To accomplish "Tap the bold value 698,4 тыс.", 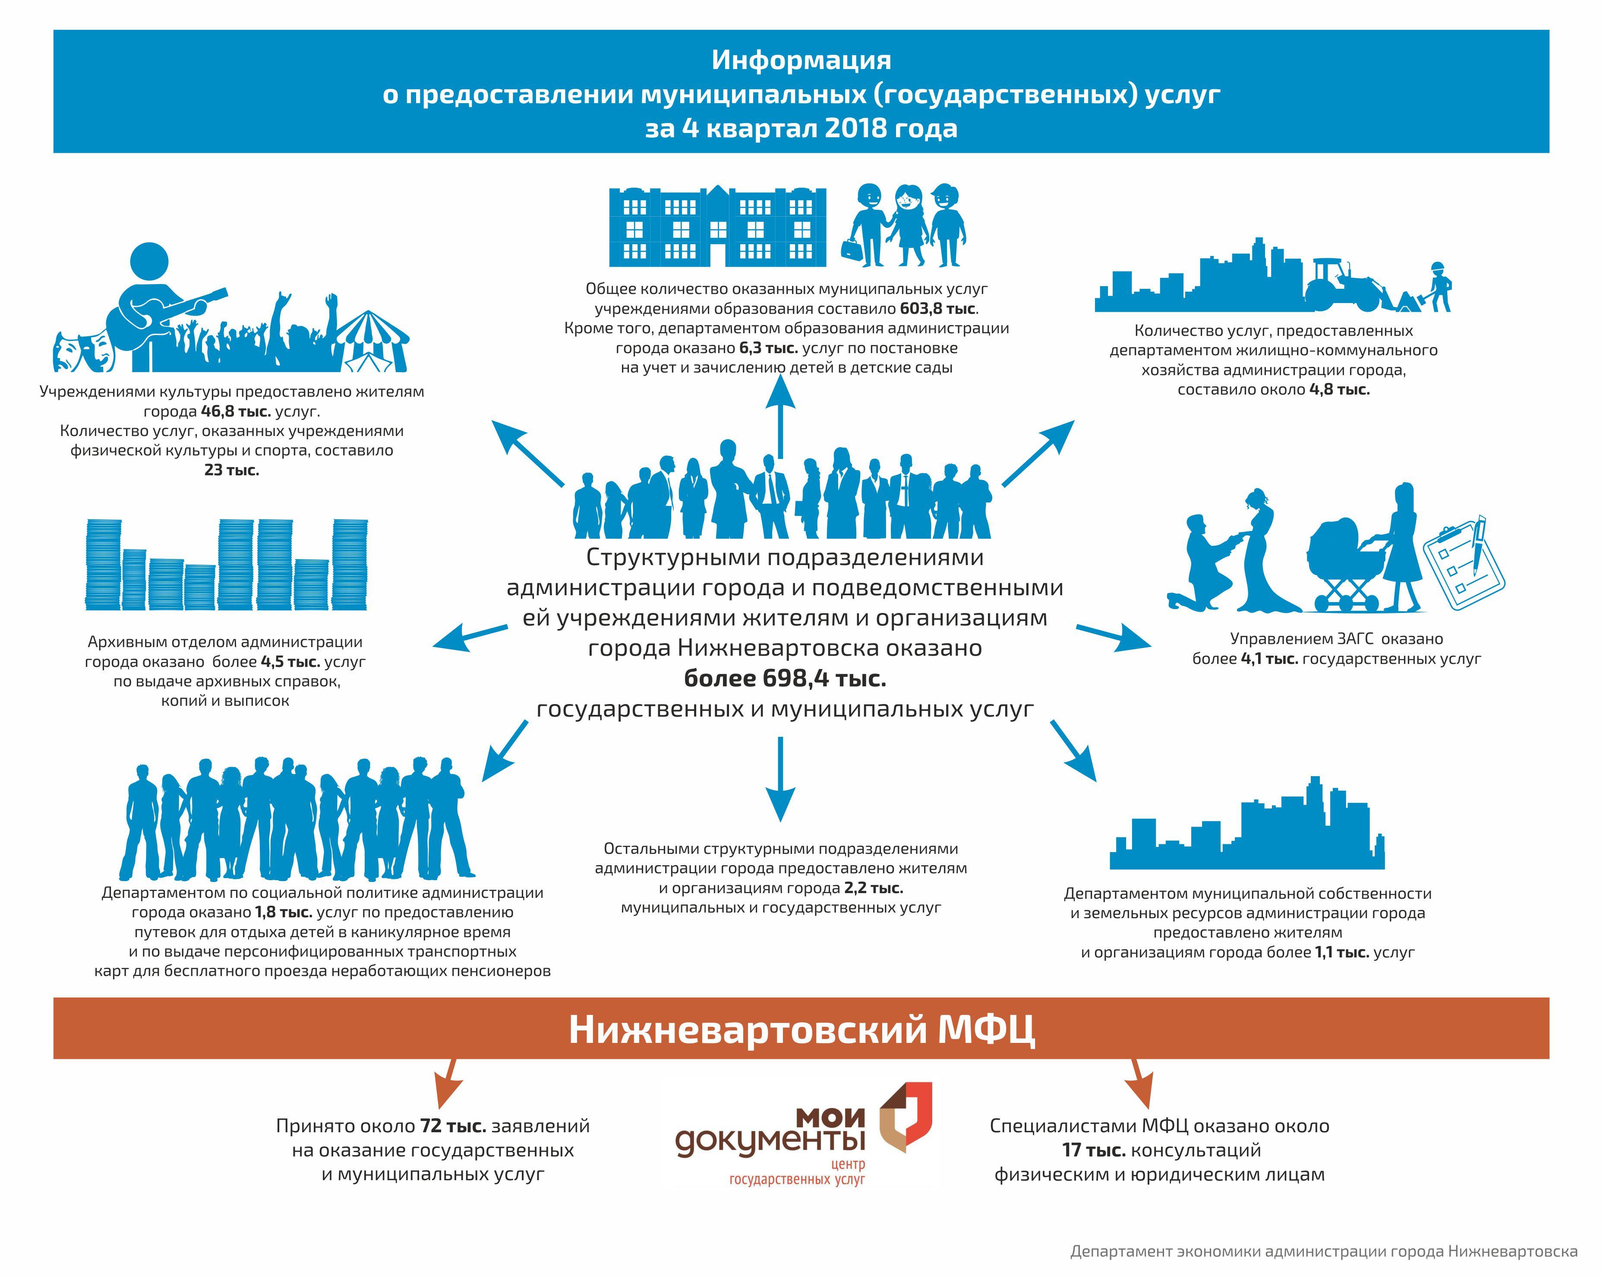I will (x=785, y=678).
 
